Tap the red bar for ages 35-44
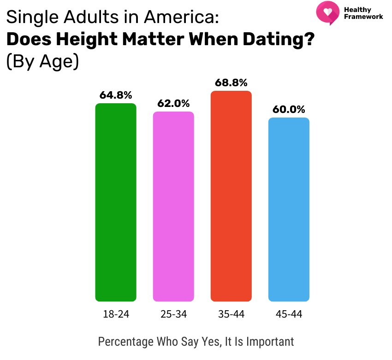point(231,196)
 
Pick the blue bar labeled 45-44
point(289,209)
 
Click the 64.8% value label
point(116,95)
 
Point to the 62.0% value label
point(173,104)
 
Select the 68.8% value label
point(231,83)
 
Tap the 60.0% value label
point(289,110)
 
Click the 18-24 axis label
point(116,314)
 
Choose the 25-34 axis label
point(173,314)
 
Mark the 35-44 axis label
point(231,314)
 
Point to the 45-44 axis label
point(289,314)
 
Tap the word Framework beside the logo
point(363,17)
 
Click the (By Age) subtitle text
point(42,61)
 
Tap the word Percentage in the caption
point(122,342)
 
